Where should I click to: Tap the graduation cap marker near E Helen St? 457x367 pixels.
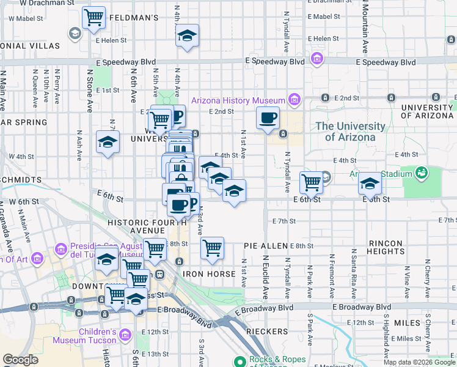click(188, 35)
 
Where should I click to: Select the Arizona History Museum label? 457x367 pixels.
click(238, 100)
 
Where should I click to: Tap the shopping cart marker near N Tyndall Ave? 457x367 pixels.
click(312, 182)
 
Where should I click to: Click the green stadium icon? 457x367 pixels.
click(421, 173)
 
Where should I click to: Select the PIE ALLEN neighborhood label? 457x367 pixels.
click(266, 246)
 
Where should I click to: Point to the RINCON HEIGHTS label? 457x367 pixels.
click(386, 248)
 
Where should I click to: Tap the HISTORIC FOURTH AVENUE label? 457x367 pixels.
click(137, 227)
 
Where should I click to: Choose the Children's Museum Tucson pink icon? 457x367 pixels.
click(125, 335)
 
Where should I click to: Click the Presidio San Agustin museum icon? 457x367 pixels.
click(60, 250)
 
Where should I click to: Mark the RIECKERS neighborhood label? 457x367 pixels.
click(267, 332)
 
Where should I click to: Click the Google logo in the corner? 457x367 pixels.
click(20, 360)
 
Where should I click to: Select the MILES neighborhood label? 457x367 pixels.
click(407, 322)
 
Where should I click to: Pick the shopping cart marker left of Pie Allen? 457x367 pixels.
click(212, 248)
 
